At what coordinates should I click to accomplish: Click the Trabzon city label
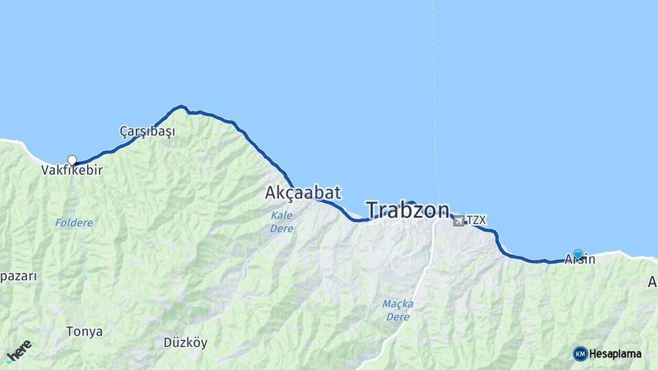tap(408, 210)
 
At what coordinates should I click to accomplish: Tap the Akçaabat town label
tap(302, 193)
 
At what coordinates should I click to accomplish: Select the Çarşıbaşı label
tap(147, 131)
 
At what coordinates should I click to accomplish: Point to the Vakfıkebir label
tap(72, 170)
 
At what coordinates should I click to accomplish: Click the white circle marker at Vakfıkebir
tap(72, 160)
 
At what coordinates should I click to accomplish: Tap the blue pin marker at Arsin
tap(578, 255)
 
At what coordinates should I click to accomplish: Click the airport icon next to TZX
tap(458, 221)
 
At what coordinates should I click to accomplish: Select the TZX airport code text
tap(476, 221)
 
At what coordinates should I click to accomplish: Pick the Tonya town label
tap(84, 332)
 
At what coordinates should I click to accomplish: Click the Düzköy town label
tap(185, 343)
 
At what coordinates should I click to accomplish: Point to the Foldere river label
tap(73, 223)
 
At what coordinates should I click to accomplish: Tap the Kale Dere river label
tap(281, 221)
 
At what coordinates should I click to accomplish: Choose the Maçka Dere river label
tap(398, 310)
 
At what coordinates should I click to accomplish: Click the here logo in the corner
tap(19, 351)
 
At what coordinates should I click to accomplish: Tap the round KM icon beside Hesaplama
tap(580, 354)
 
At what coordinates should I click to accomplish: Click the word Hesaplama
tap(616, 354)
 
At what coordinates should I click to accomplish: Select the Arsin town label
tap(580, 260)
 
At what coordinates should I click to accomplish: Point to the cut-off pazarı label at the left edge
tap(18, 277)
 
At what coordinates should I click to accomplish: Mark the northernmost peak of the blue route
tap(181, 106)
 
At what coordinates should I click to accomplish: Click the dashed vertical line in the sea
tap(433, 103)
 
